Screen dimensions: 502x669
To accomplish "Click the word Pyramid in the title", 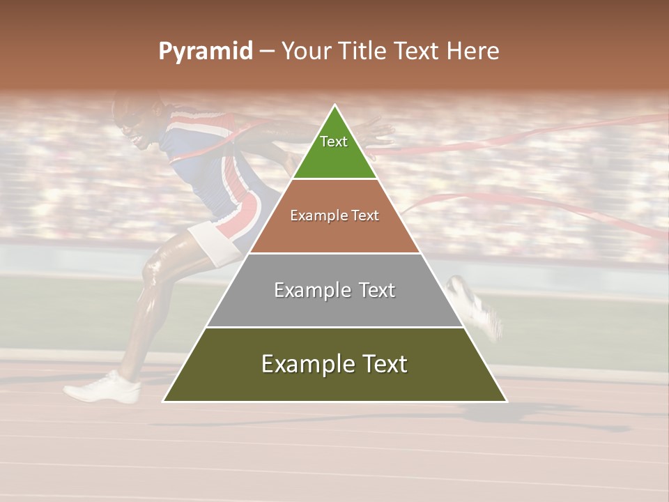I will [x=205, y=52].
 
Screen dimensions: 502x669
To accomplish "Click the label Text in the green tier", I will [x=334, y=142].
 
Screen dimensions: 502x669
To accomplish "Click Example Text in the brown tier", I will [x=334, y=215].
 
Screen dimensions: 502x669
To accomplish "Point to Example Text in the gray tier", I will [x=334, y=290].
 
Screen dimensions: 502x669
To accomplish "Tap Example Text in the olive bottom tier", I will [x=334, y=364].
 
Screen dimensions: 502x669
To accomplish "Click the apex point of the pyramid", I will [x=335, y=106].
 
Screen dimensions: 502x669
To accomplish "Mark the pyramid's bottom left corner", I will [x=164, y=401].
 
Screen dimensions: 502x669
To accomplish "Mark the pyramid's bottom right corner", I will [x=506, y=401].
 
